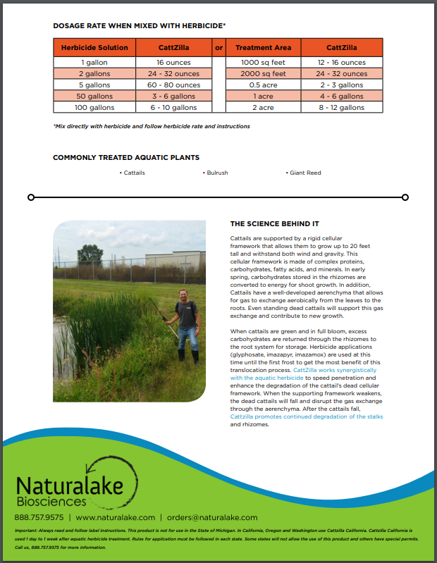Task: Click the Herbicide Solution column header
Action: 94,48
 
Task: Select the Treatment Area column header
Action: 263,48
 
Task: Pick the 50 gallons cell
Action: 94,96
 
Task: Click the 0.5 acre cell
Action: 263,85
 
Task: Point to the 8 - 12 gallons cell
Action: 341,108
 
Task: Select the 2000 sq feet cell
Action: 263,73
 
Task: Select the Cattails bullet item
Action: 133,173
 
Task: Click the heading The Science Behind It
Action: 274,224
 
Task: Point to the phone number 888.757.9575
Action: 39,517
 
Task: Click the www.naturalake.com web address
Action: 115,517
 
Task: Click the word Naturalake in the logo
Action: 70,485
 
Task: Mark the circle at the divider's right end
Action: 404,197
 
